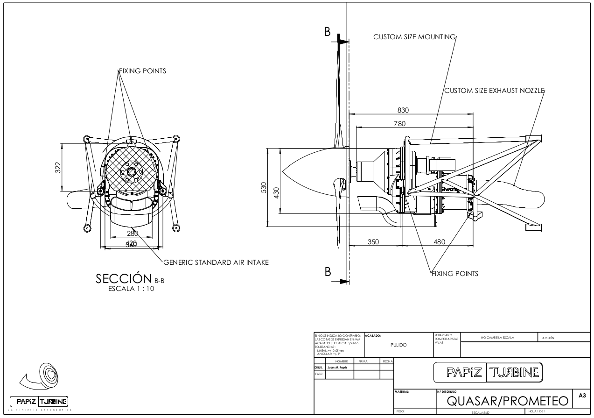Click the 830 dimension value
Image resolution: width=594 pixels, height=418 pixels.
click(x=403, y=110)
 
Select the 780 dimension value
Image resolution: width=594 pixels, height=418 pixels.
click(x=399, y=123)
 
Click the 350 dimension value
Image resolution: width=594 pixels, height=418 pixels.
click(x=373, y=241)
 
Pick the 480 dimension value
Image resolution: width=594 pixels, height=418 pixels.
click(x=439, y=241)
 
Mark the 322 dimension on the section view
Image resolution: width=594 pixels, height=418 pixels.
click(x=58, y=168)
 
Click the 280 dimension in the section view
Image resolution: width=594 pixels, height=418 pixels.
click(x=133, y=234)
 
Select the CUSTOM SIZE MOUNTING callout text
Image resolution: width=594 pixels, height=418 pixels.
click(x=414, y=37)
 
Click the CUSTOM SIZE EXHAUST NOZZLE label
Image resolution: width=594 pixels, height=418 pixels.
click(x=494, y=91)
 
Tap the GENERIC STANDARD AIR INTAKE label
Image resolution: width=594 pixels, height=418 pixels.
click(x=216, y=262)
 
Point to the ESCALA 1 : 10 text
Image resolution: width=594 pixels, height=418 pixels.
click(x=131, y=289)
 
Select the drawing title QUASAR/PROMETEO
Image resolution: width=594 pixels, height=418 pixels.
click(x=509, y=401)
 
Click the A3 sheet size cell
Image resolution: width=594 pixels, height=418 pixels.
click(x=582, y=396)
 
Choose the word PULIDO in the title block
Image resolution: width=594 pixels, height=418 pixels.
click(x=398, y=345)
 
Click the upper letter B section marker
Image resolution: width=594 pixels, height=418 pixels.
click(x=327, y=32)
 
